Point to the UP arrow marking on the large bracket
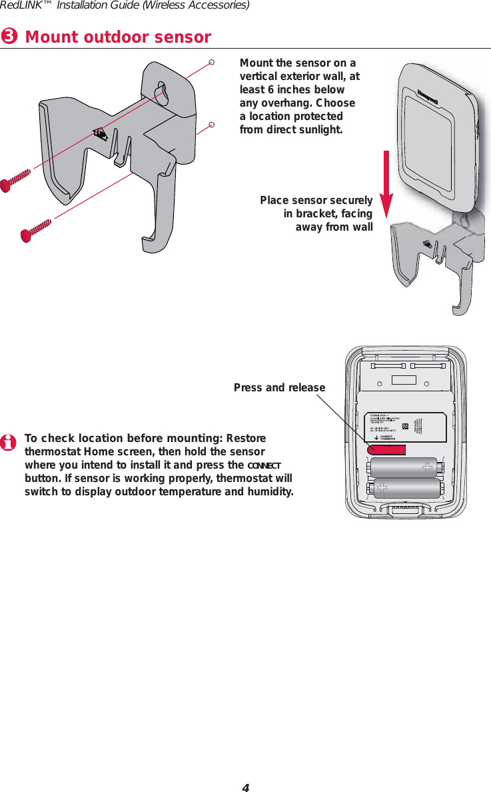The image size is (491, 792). click(100, 133)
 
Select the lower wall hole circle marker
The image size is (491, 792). click(211, 124)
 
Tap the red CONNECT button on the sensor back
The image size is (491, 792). click(386, 449)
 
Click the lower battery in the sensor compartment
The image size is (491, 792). click(407, 489)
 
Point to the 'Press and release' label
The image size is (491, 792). click(279, 388)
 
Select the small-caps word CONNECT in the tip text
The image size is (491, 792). click(265, 465)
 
